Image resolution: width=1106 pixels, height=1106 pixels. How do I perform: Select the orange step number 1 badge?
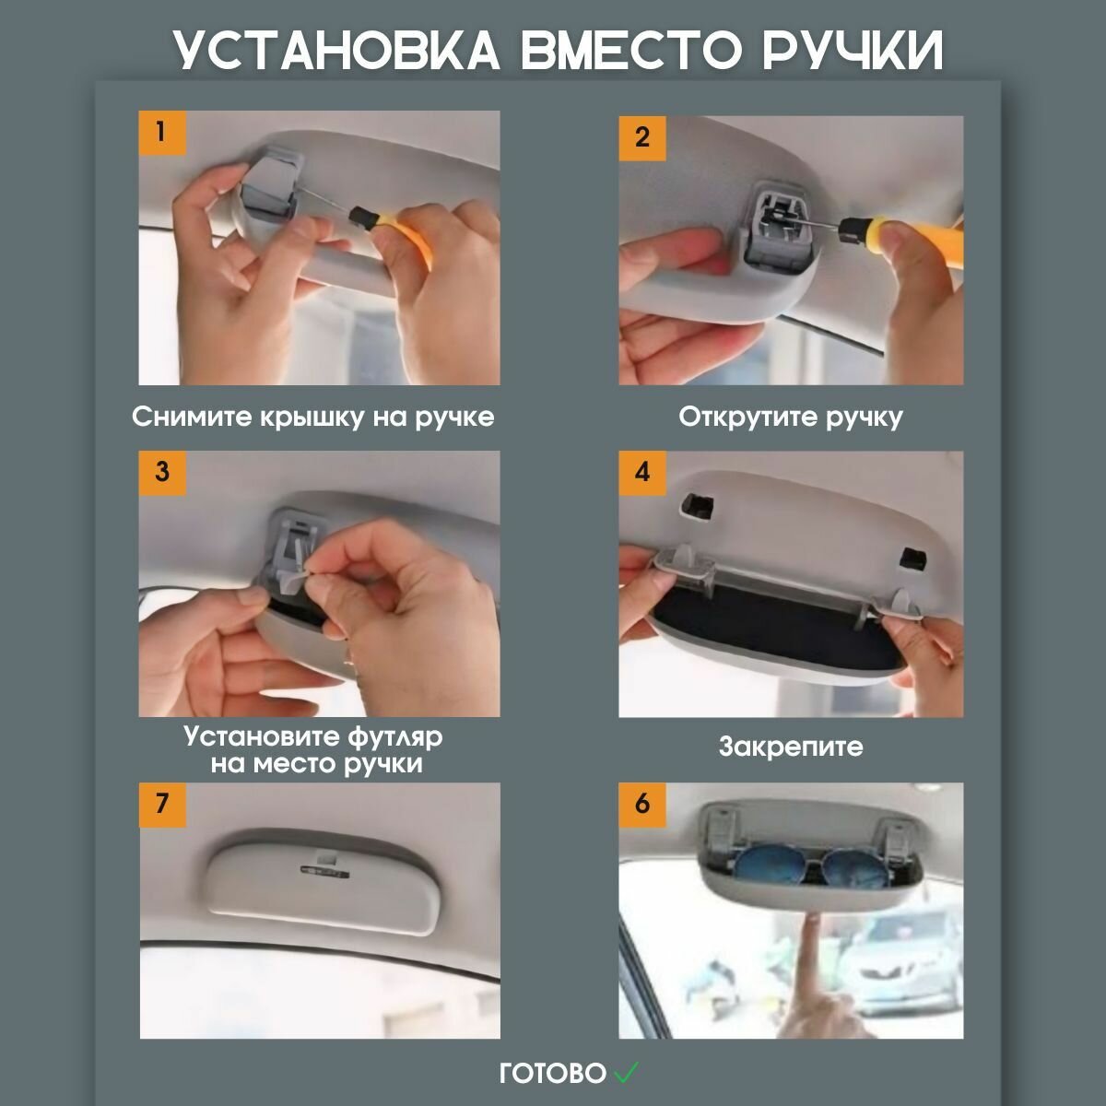pos(162,133)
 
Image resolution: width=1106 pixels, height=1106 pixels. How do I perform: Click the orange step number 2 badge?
pos(642,137)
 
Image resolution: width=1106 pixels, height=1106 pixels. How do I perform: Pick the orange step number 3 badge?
pos(162,473)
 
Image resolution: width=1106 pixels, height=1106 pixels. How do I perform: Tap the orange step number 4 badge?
pos(642,473)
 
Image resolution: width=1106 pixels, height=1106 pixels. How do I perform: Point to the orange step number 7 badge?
pos(162,805)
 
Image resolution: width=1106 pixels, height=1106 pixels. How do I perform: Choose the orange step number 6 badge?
pos(642,805)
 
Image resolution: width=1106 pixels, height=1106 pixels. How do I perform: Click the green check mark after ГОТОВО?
pos(626,1071)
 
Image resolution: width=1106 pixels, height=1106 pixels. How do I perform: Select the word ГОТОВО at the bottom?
pos(553,1074)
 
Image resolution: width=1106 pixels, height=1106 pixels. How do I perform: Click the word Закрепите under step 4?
pos(791,747)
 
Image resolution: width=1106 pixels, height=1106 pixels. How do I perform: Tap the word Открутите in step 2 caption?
pos(747,418)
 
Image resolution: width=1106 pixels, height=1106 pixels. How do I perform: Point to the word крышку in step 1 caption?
pos(312,418)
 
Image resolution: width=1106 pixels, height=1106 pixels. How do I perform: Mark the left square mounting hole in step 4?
pos(696,504)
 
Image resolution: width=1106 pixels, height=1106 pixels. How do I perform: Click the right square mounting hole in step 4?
pos(912,558)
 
